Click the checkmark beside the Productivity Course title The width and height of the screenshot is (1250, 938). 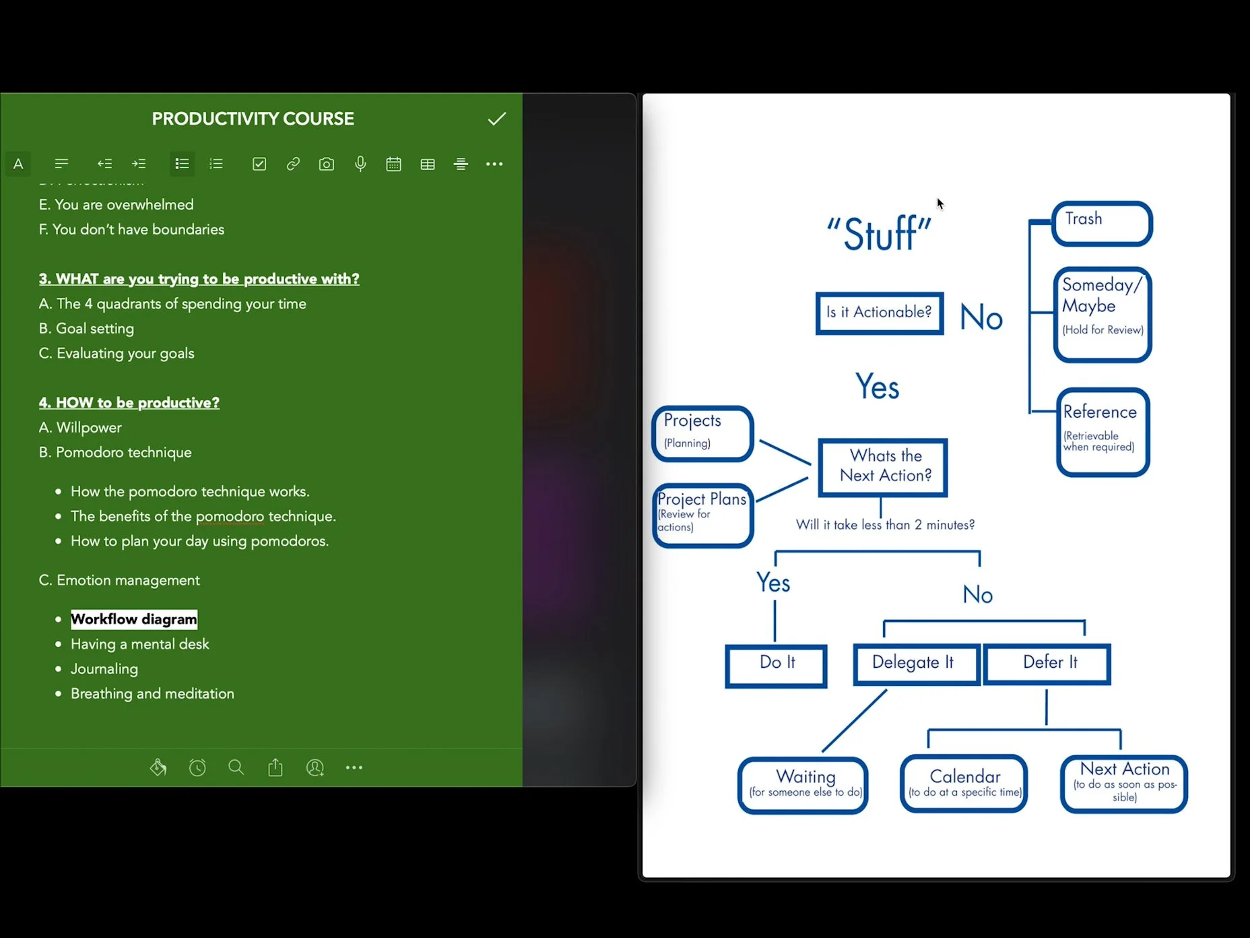[497, 119]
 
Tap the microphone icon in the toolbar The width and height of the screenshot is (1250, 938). [360, 164]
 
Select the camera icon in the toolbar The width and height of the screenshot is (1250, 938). [327, 164]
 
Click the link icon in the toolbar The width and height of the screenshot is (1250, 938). [293, 164]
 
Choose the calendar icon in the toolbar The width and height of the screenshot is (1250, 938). [394, 164]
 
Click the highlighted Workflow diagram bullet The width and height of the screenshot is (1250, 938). [134, 619]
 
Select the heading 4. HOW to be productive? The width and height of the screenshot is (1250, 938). [129, 402]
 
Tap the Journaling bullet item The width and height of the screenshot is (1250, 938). [104, 668]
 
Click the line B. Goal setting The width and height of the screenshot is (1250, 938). [86, 328]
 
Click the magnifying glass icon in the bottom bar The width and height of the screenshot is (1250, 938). [236, 768]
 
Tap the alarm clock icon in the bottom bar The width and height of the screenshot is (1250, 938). [197, 768]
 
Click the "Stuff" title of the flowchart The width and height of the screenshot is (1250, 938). [880, 233]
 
